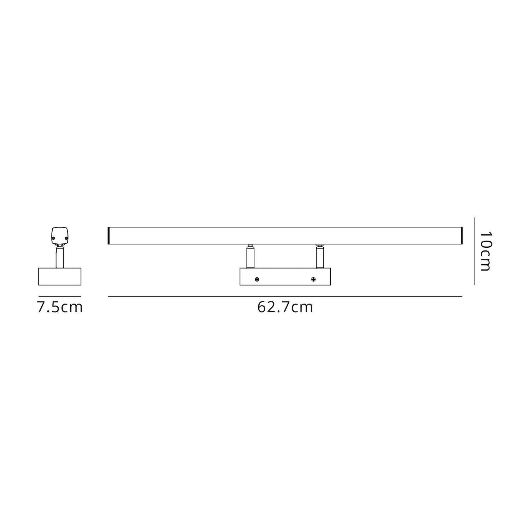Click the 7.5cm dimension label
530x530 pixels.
(x=60, y=307)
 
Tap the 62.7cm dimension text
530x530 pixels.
(x=285, y=307)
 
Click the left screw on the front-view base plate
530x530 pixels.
(x=257, y=279)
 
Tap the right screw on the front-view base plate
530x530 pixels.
(x=313, y=279)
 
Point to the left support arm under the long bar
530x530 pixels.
(x=251, y=256)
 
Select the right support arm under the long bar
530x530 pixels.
(x=320, y=256)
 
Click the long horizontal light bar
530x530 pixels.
(x=285, y=236)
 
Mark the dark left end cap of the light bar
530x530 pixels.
(x=109, y=236)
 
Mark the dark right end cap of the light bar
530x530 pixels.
(x=461, y=236)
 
